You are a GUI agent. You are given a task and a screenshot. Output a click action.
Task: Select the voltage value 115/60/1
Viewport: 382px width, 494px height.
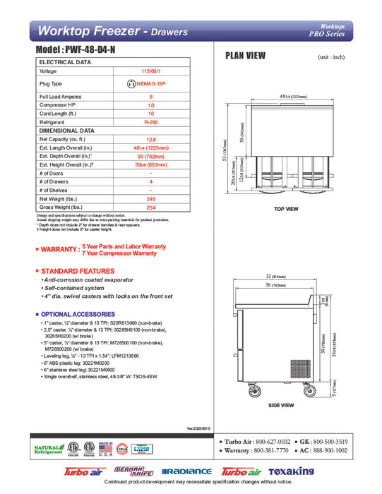(x=150, y=71)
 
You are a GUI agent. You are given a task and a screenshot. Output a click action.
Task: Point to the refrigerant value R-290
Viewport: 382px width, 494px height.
(x=150, y=122)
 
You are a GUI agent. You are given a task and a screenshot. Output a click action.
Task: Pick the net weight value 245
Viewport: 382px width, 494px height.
(x=150, y=199)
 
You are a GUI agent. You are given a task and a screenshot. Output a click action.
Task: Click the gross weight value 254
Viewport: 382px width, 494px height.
(x=150, y=207)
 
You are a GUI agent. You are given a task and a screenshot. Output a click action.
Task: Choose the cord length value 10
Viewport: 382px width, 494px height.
(x=150, y=114)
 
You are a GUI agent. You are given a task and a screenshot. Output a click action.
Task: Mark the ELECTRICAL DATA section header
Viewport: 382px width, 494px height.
(x=66, y=62)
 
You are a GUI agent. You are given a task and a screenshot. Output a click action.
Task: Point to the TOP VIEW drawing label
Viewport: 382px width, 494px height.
(x=286, y=209)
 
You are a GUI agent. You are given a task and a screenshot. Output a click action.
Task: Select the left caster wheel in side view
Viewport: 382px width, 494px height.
(x=251, y=390)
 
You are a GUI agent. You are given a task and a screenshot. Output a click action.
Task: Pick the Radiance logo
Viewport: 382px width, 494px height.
(x=186, y=471)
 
